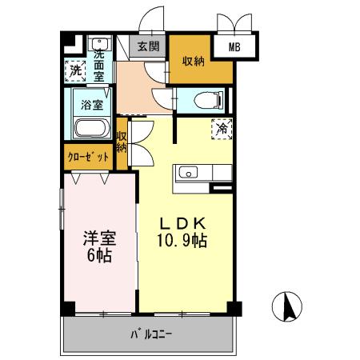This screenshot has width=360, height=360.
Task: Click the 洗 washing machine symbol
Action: (x=75, y=70)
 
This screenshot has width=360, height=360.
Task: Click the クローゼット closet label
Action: (x=87, y=158)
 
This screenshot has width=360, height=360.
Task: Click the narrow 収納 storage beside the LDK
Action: (x=122, y=142)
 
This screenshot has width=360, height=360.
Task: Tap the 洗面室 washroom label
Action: (x=99, y=66)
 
